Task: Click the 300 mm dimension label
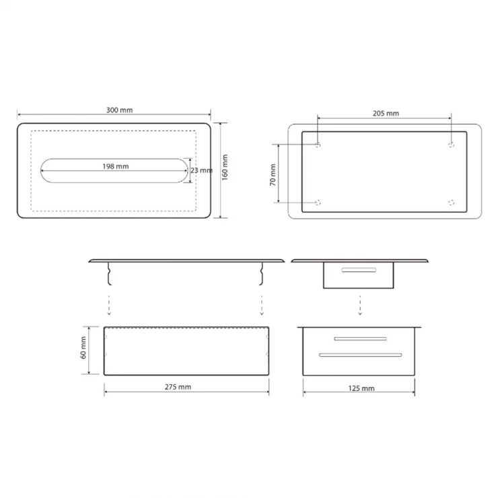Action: [x=119, y=110]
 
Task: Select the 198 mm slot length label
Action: [x=116, y=166]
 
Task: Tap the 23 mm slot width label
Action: [x=202, y=170]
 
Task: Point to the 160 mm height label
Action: [x=225, y=168]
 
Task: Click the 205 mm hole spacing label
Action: [x=386, y=113]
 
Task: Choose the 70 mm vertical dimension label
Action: [x=273, y=175]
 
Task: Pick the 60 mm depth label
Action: [x=83, y=347]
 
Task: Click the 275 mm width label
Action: [x=178, y=387]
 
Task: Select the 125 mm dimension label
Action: [x=361, y=388]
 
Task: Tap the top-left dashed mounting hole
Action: [x=318, y=145]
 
